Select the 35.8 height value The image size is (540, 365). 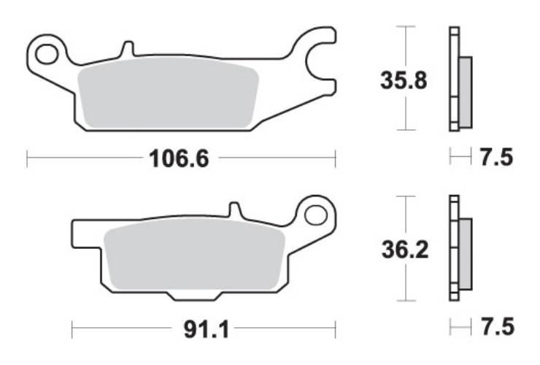tap(404, 78)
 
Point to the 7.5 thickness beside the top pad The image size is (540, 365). tap(498, 156)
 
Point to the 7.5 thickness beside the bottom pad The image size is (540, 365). tap(498, 327)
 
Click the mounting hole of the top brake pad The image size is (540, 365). tap(47, 53)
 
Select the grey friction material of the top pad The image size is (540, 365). tap(168, 93)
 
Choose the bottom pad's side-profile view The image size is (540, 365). tap(460, 248)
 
